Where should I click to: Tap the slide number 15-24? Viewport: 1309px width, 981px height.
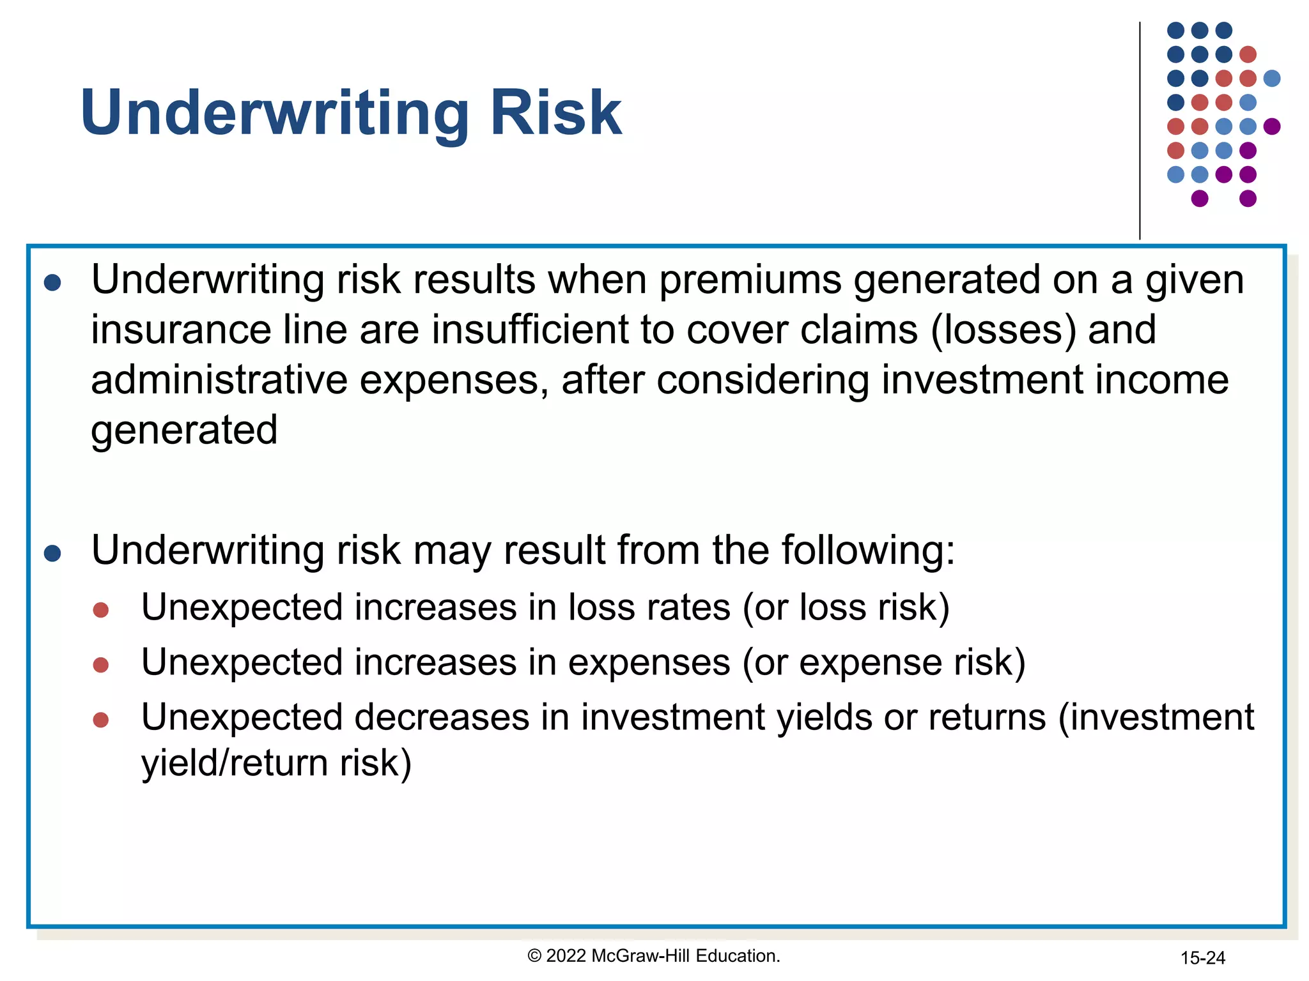[1202, 958]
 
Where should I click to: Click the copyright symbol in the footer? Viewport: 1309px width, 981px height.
[534, 956]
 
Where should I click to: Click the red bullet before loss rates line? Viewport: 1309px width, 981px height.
[101, 610]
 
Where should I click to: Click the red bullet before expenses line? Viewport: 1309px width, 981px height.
[101, 665]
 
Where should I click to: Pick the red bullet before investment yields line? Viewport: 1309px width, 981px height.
[101, 720]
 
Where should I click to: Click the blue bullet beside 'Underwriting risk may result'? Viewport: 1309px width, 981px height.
[52, 553]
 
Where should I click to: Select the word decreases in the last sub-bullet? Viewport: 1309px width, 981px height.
[442, 717]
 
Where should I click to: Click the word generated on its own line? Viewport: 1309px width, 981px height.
[184, 430]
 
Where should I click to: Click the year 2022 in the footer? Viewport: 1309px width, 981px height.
[566, 956]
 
